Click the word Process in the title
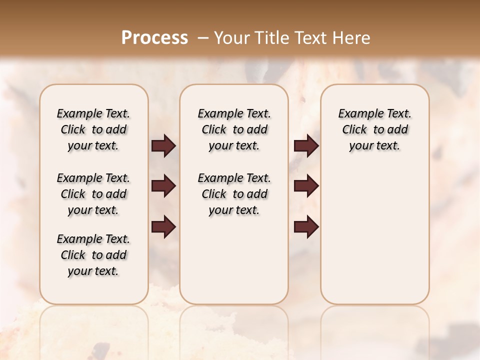pos(154,38)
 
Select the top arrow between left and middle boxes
pos(163,146)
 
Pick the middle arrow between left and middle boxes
pos(163,186)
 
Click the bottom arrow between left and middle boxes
pos(163,227)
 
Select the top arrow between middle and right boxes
pos(306,146)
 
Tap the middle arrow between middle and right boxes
pos(306,186)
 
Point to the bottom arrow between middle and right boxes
pos(306,227)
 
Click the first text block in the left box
pos(93,129)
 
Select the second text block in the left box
pos(93,194)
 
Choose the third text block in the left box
pos(93,255)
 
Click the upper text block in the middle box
pos(234,129)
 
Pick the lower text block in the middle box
pos(234,194)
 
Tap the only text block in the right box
pos(374,129)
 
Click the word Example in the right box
pos(356,114)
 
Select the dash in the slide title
pos(202,38)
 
